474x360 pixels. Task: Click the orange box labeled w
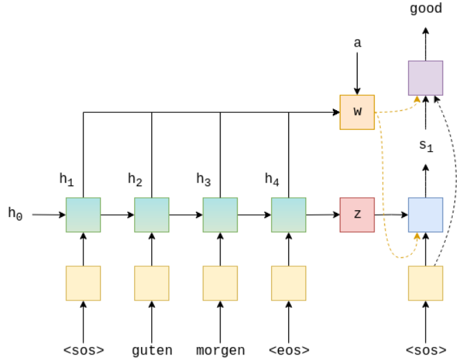[357, 112]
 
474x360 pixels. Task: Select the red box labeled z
[357, 214]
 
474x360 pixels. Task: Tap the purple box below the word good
[425, 78]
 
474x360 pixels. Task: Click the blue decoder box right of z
[425, 214]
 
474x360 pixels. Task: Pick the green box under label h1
[83, 214]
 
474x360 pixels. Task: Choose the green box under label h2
[151, 214]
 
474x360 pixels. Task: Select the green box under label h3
[220, 214]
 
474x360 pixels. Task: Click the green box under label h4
[288, 214]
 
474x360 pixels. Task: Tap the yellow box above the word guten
[151, 283]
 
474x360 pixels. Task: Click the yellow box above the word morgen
[220, 283]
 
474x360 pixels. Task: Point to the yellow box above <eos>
[288, 283]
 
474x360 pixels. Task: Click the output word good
[425, 9]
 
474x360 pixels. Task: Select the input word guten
[151, 350]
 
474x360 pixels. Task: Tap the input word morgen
[220, 350]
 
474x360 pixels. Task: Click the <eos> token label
[288, 350]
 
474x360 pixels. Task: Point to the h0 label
[15, 214]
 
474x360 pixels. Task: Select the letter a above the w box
[357, 43]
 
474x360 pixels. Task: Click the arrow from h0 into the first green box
[48, 214]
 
